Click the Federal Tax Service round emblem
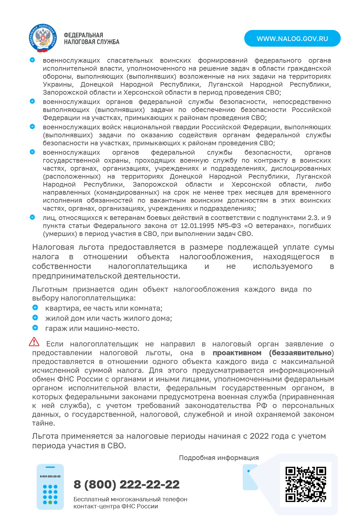click(43, 38)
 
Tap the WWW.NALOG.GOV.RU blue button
click(292, 39)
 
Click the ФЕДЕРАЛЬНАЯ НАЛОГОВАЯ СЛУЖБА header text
click(91, 39)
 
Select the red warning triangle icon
click(34, 342)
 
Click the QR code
click(306, 484)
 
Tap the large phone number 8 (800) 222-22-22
click(127, 484)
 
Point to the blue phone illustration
click(50, 487)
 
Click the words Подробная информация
click(219, 458)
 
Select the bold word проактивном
click(237, 353)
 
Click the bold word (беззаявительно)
click(301, 353)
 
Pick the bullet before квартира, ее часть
click(35, 307)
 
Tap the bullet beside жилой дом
click(35, 318)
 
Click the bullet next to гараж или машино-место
click(35, 328)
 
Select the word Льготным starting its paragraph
click(50, 289)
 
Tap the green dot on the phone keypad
click(50, 502)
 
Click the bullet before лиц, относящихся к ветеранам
click(32, 217)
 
